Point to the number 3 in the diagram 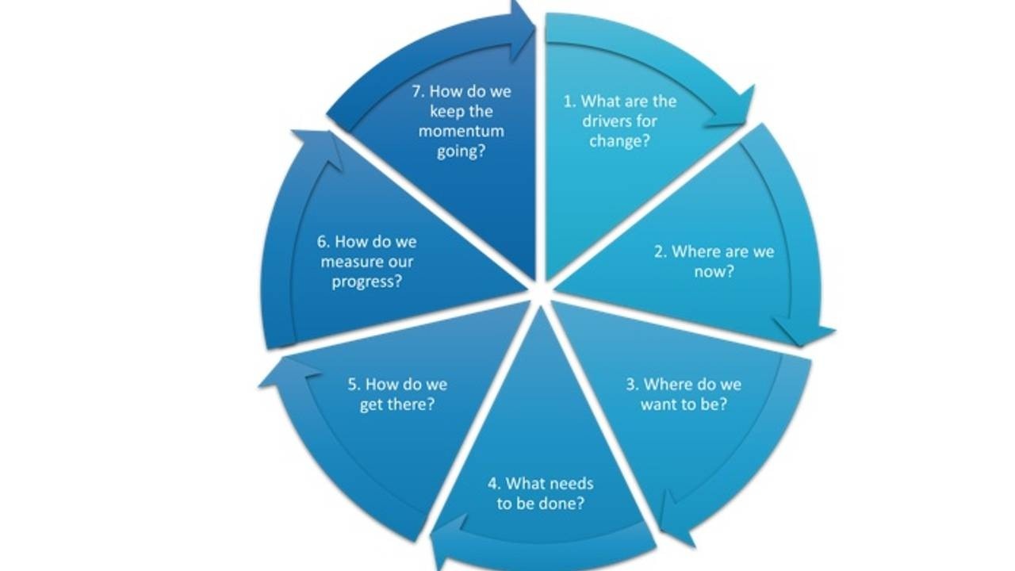point(631,385)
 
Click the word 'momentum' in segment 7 point(462,131)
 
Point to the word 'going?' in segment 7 point(461,151)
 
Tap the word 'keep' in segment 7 point(450,111)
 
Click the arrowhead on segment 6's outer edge point(318,148)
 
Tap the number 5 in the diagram point(353,385)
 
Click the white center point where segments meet point(540,290)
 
